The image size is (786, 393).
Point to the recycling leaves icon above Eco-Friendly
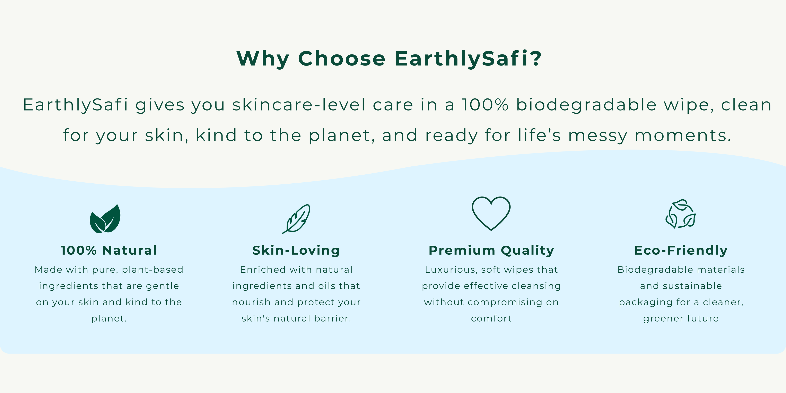pos(681,214)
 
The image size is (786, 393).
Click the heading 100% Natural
pos(109,251)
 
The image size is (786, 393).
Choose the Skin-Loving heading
pos(296,251)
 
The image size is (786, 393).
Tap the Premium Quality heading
pos(491,251)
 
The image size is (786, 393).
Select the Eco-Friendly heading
pos(681,251)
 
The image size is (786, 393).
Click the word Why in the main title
pos(263,59)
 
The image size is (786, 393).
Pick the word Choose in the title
pos(342,58)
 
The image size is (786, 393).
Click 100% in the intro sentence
pos(485,105)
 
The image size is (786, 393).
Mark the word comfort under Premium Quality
pos(491,318)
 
